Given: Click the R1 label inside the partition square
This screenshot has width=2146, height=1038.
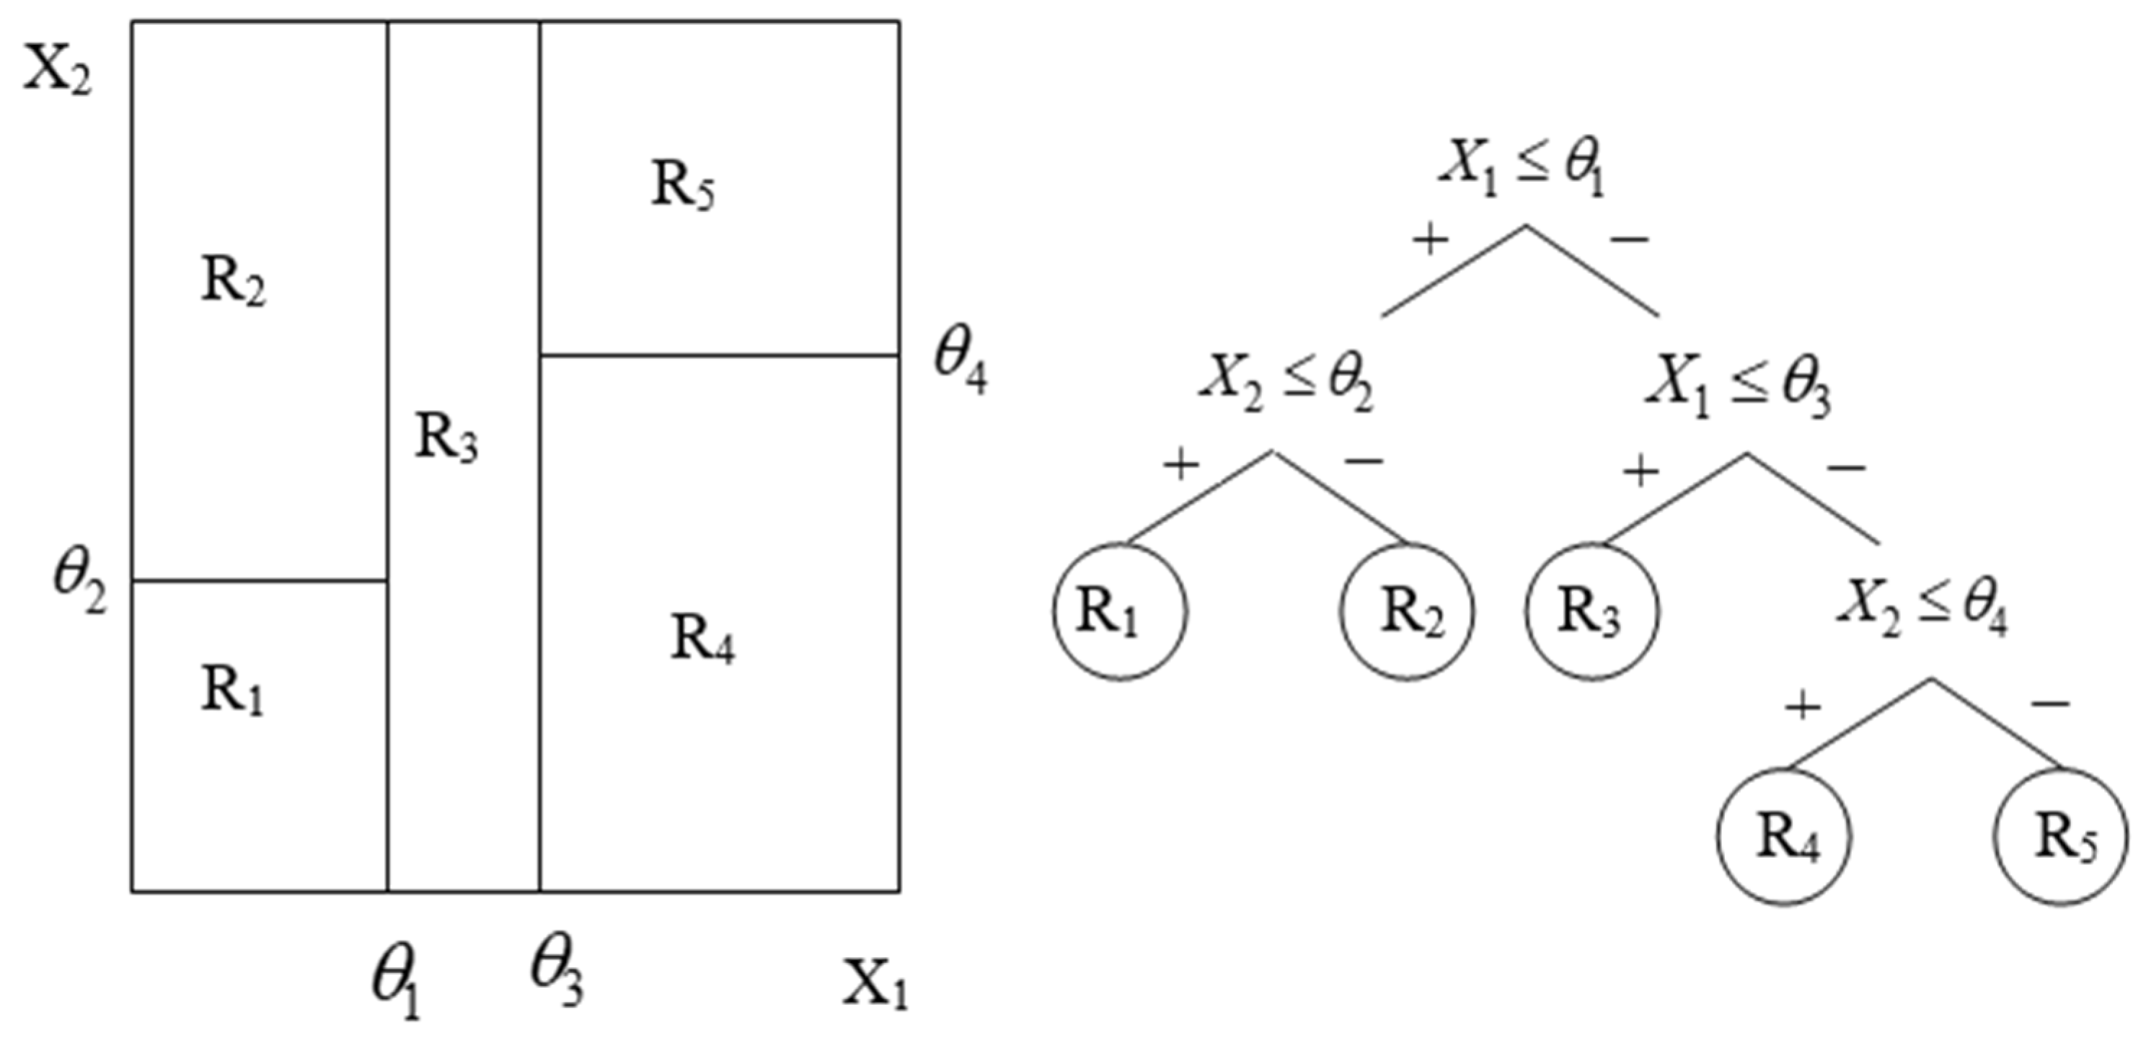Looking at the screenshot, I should (231, 691).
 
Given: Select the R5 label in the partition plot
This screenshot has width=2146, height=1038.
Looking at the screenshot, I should (682, 185).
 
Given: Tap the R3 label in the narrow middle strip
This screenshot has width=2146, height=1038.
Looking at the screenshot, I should (446, 437).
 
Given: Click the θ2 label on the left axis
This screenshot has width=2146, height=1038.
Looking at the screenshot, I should (80, 583).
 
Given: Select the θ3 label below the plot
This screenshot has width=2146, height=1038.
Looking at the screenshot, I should (557, 976).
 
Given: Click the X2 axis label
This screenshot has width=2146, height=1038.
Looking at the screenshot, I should (57, 70).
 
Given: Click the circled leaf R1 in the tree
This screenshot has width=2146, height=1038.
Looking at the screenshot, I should (1119, 611).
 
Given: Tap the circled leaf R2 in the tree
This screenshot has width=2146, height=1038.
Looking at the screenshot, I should (1407, 611).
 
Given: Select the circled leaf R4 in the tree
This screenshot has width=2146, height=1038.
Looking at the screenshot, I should (1783, 836).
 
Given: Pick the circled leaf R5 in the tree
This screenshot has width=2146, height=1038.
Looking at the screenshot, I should (2061, 836).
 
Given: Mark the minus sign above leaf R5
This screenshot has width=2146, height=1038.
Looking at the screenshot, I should (2051, 705).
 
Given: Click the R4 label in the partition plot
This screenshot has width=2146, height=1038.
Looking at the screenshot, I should (702, 640).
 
